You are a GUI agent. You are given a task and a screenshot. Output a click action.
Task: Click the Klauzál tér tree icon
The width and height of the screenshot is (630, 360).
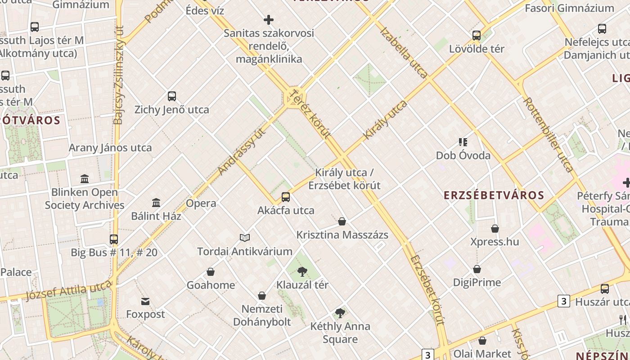302,271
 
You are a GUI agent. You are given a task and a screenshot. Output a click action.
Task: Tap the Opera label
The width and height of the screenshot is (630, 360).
201,203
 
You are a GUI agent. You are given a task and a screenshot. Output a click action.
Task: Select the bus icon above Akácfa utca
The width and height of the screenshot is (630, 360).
285,197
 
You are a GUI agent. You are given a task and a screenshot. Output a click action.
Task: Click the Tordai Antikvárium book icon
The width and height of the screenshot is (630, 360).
245,238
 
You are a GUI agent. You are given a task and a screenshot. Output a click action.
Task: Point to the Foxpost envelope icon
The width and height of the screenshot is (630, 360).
145,301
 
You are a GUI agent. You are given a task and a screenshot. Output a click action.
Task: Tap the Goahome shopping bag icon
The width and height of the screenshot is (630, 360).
210,272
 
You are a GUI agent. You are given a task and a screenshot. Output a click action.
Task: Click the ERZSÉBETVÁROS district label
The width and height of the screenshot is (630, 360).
494,195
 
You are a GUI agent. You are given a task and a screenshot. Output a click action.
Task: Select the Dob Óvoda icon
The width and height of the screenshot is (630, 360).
463,142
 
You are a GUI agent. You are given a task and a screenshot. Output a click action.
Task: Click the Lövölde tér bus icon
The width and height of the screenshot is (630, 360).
477,35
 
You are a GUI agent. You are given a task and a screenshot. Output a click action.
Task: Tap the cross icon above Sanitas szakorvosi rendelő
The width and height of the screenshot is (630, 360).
269,20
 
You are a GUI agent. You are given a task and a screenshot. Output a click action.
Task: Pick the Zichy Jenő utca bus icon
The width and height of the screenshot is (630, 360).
172,96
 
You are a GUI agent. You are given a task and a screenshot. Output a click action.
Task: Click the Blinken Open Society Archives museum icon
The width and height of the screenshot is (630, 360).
85,179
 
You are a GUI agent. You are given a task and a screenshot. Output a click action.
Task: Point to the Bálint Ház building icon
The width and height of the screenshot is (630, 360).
156,202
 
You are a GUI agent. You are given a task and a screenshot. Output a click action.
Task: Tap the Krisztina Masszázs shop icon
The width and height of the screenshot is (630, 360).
342,221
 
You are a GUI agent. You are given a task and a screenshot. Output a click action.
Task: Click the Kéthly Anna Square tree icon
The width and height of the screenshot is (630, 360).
340,313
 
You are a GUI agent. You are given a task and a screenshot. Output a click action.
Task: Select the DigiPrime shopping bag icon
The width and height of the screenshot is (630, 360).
477,269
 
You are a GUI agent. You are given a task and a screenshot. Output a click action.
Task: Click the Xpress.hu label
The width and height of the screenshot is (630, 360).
495,242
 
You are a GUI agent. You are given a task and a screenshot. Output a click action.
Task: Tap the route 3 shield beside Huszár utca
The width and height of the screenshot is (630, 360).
563,301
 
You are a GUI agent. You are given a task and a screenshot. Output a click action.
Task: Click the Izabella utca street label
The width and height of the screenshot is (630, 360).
404,53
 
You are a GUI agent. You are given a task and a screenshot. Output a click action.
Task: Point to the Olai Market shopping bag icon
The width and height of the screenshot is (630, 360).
482,341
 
